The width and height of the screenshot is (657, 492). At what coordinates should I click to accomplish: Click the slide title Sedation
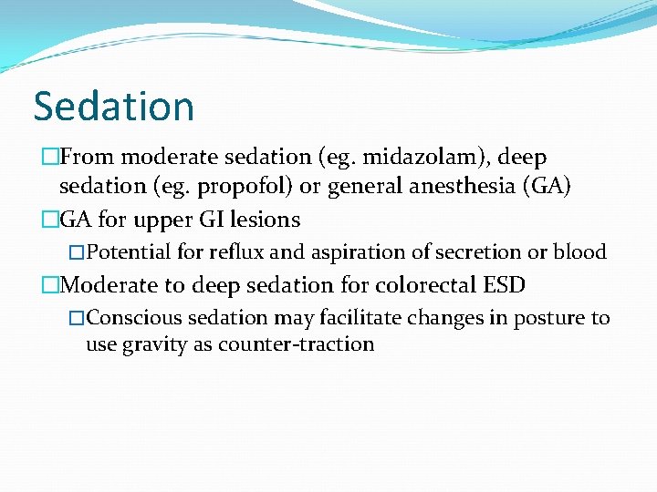[x=114, y=106]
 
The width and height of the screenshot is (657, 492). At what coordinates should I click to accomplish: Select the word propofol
[x=230, y=187]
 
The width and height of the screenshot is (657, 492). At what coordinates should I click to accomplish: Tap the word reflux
[x=235, y=252]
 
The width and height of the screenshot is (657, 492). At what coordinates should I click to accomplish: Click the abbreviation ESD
[x=505, y=285]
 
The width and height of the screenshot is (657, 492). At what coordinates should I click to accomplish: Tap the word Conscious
[x=130, y=318]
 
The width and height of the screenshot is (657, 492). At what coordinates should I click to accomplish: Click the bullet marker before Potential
[x=77, y=252]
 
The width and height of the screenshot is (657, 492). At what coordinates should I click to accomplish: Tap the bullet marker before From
[x=50, y=159]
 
